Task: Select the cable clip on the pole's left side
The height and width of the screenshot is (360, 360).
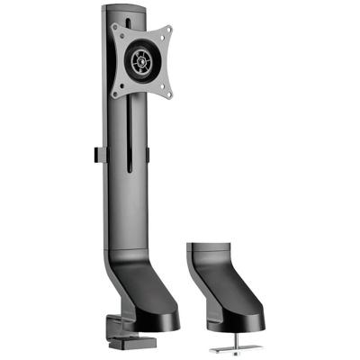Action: pos(94,154)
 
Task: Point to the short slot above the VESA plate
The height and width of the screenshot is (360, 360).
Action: pos(142,18)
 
